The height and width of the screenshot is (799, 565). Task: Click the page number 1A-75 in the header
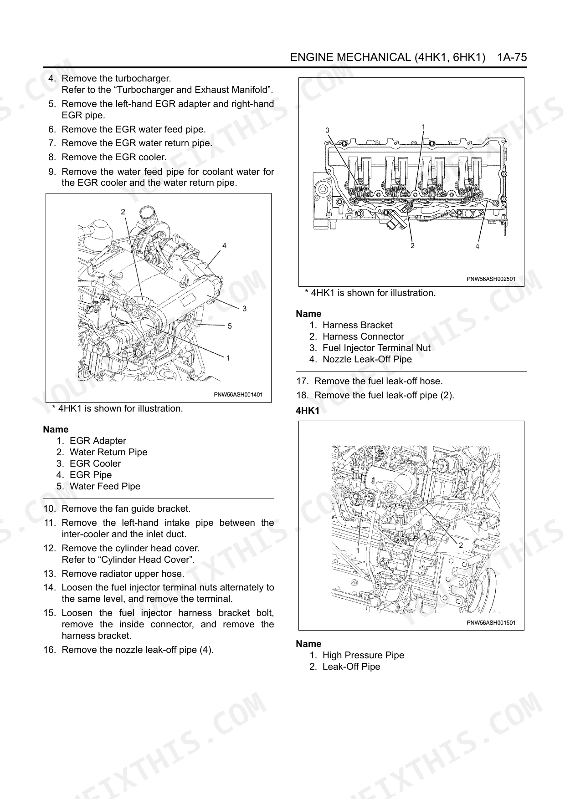(x=512, y=57)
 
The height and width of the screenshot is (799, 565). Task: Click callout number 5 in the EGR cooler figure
(x=230, y=326)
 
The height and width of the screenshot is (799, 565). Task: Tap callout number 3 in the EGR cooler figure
(x=244, y=309)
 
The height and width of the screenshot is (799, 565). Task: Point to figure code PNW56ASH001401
(x=238, y=395)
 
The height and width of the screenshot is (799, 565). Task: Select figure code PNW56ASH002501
(x=491, y=279)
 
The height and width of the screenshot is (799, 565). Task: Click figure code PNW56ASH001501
(x=491, y=622)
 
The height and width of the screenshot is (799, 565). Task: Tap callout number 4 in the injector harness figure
(x=477, y=246)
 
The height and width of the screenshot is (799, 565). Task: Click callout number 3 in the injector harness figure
(x=327, y=131)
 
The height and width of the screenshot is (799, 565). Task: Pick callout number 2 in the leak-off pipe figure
(x=461, y=545)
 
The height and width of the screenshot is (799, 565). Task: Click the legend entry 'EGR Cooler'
(x=95, y=463)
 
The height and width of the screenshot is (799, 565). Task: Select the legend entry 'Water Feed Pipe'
(x=105, y=486)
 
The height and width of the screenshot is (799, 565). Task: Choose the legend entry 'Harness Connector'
(x=363, y=336)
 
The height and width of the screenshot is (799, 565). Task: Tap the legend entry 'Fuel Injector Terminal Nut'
(x=376, y=348)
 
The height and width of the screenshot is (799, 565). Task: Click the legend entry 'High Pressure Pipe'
(x=363, y=655)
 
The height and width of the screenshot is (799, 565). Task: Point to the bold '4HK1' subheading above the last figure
(x=308, y=411)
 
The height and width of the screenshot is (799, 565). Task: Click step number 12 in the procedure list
(x=49, y=548)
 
